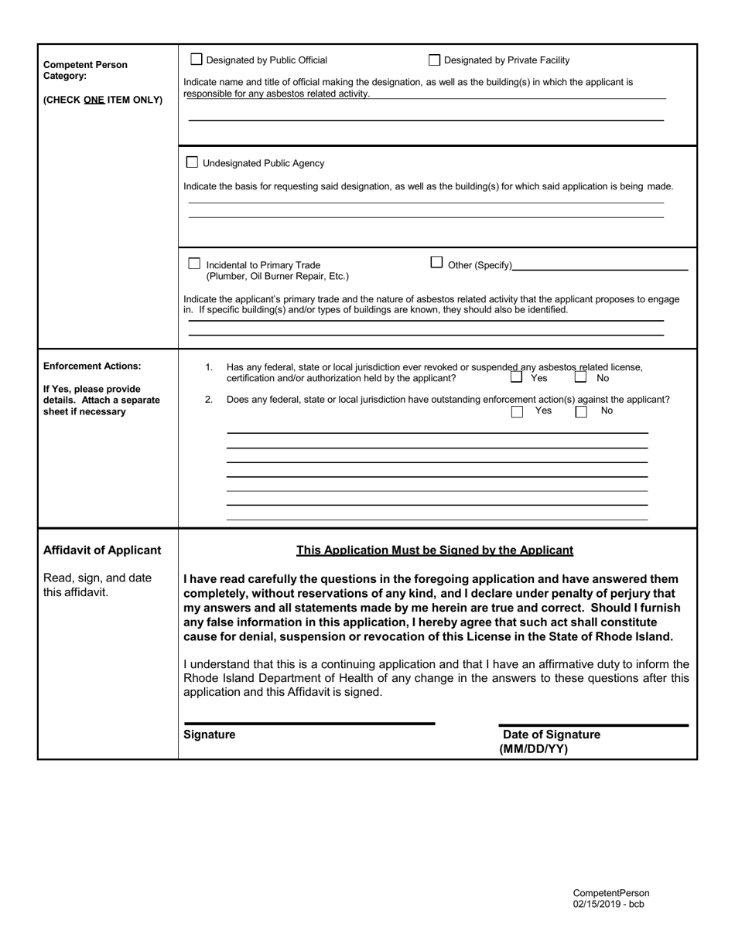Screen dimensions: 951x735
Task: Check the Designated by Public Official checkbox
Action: (197, 60)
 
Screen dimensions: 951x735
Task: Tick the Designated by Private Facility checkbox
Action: (434, 60)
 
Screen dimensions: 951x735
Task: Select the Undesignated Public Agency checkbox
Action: (193, 162)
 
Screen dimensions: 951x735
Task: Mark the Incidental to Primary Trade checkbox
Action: (195, 264)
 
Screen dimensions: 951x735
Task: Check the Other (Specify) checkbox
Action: (436, 262)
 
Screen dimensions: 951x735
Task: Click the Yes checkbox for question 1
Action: (517, 378)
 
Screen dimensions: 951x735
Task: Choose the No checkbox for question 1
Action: (580, 378)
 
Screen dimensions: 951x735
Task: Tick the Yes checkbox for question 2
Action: (517, 411)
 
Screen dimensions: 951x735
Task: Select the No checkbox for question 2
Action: (581, 411)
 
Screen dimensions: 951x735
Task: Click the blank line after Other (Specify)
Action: (600, 268)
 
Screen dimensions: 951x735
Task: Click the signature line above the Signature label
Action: (309, 724)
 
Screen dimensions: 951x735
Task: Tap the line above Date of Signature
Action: (593, 725)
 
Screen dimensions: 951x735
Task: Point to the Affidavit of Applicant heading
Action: (103, 550)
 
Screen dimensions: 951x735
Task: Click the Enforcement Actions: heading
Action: (92, 366)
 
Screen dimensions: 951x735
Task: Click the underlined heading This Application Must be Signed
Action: (435, 550)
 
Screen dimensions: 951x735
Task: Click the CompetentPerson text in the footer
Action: (611, 893)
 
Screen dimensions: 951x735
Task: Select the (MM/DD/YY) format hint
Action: (534, 748)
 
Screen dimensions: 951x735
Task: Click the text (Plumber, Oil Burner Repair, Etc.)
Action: (277, 276)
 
